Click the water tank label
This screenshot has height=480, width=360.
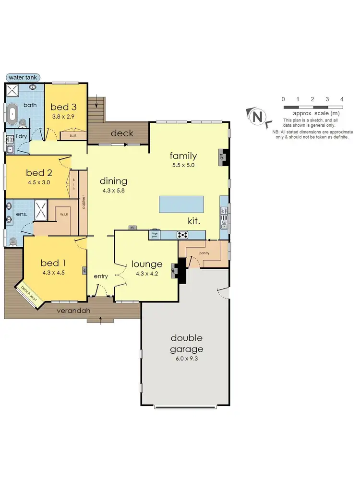coord(23,77)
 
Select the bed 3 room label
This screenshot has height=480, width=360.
coord(63,107)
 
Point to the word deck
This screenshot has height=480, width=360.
coord(122,133)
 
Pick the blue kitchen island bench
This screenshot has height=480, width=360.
coord(181,204)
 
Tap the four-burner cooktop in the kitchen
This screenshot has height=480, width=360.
coord(183,235)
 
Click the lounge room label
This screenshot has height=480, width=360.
coord(147,264)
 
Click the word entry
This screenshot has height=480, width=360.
coord(101,276)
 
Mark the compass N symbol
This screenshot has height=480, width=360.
coord(258,116)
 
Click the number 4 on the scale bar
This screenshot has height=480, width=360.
coord(342,99)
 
